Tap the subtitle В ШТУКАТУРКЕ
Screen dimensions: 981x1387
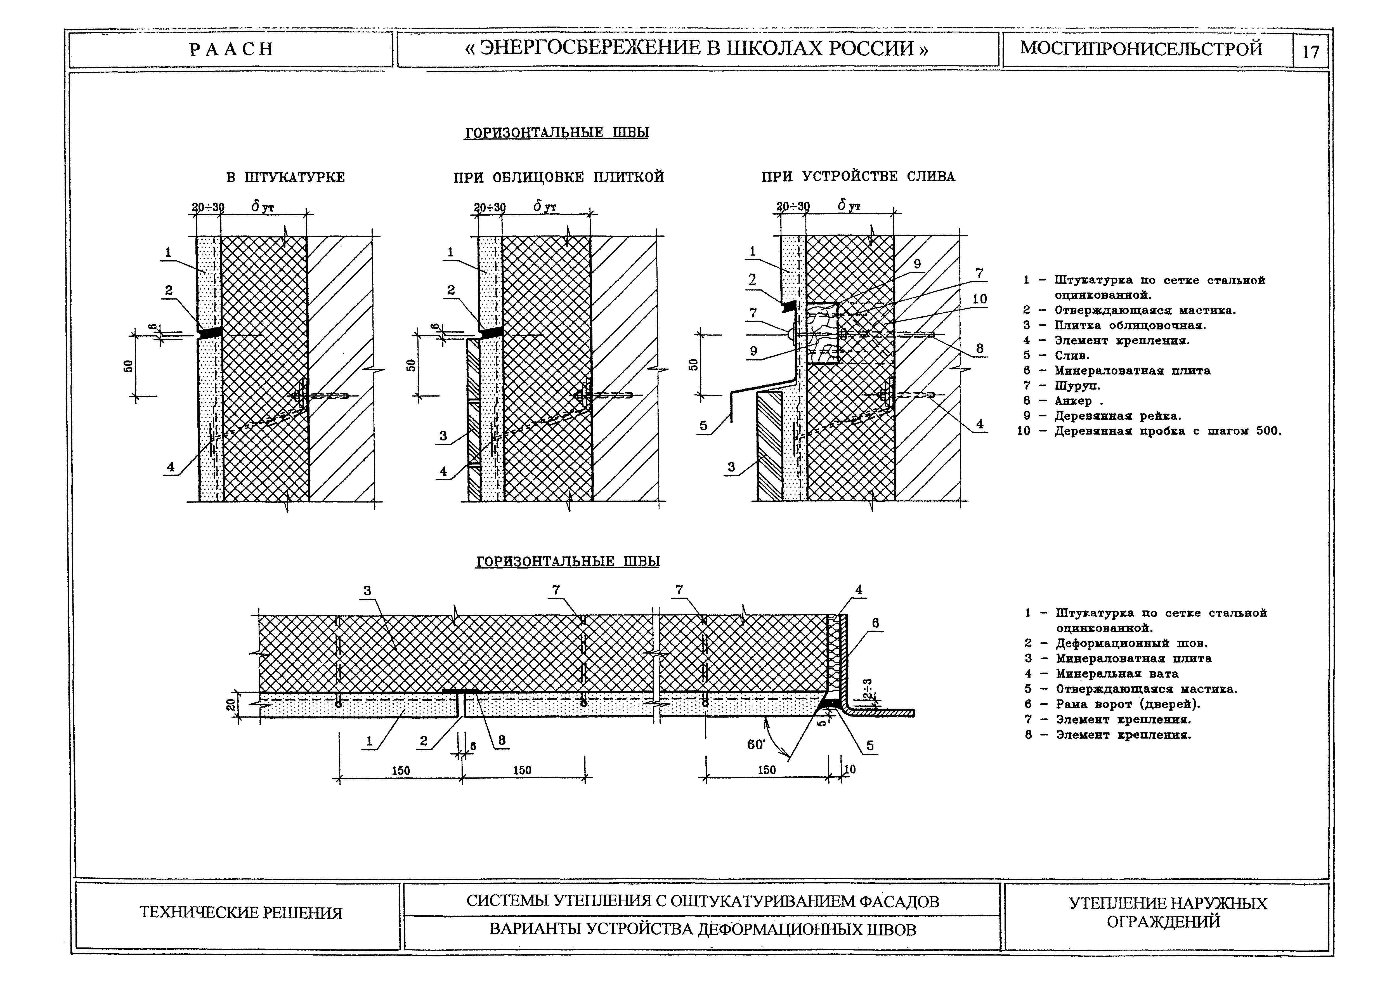(x=286, y=178)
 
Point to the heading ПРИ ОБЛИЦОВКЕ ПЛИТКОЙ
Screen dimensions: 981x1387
(x=559, y=178)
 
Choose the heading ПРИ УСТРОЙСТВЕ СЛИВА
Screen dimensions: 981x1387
(x=858, y=177)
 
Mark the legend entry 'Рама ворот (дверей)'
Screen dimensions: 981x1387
(x=1128, y=704)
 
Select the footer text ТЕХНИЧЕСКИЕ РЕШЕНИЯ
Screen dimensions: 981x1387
(x=241, y=913)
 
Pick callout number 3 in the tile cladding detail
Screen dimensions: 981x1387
(x=443, y=435)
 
